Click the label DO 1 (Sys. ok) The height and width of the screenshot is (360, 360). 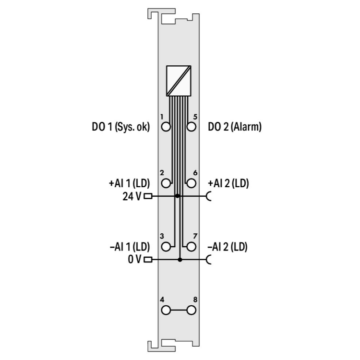click(x=121, y=127)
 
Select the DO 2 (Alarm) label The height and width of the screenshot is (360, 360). click(x=235, y=127)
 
